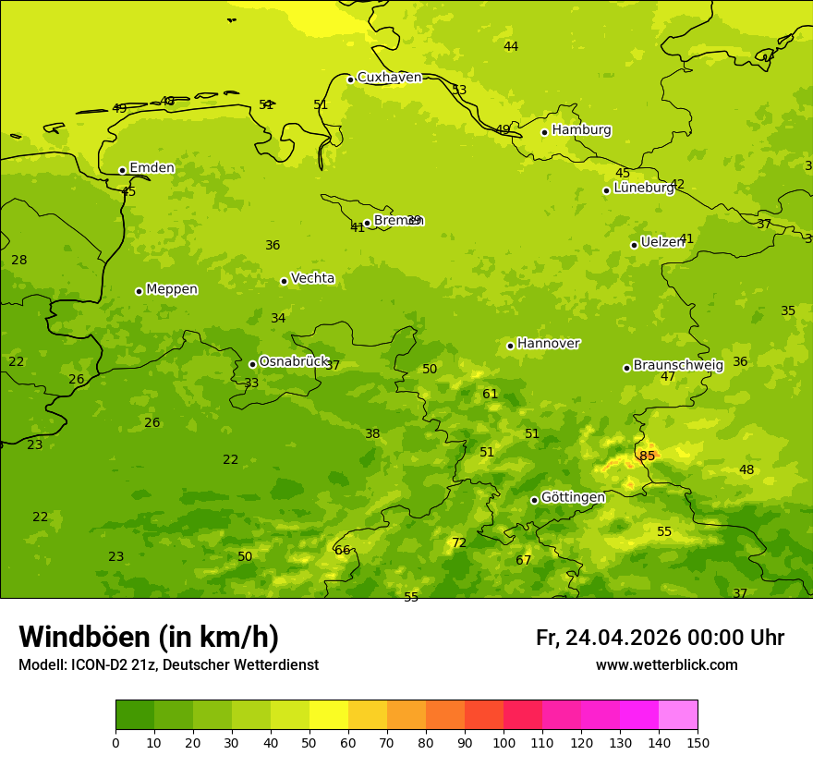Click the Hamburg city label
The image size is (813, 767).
pyautogui.click(x=581, y=130)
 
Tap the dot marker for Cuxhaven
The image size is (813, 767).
pyautogui.click(x=350, y=79)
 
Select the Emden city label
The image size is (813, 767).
pyautogui.click(x=152, y=168)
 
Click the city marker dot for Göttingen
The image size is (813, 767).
pyautogui.click(x=534, y=500)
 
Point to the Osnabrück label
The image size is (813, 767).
pyautogui.click(x=294, y=362)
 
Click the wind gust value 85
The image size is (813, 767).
pyautogui.click(x=647, y=457)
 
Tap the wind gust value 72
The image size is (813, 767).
pyautogui.click(x=458, y=543)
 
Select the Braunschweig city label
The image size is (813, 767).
pyautogui.click(x=678, y=366)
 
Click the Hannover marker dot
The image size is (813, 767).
pyautogui.click(x=510, y=346)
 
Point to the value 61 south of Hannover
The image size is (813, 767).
pyautogui.click(x=490, y=395)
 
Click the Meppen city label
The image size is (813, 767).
pyautogui.click(x=172, y=289)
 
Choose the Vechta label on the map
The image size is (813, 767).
pyautogui.click(x=312, y=278)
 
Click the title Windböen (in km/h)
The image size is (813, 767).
pyautogui.click(x=149, y=638)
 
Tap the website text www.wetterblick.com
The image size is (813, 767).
pyautogui.click(x=666, y=665)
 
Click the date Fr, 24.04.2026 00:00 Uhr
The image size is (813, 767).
pyautogui.click(x=660, y=638)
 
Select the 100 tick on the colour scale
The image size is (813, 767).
pyautogui.click(x=504, y=742)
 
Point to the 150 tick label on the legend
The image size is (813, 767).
pyautogui.click(x=698, y=742)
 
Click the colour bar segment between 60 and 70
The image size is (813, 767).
pyautogui.click(x=368, y=714)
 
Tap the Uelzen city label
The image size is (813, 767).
pyautogui.click(x=661, y=243)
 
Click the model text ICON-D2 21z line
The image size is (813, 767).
pyautogui.click(x=168, y=665)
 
